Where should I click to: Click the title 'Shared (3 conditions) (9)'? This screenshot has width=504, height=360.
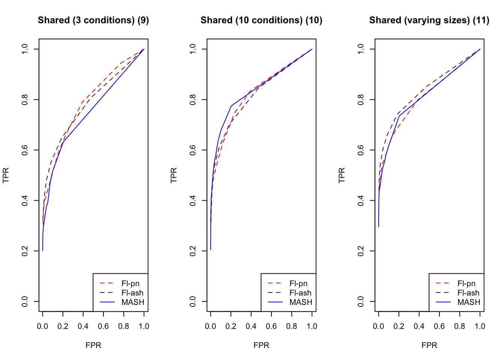(x=93, y=20)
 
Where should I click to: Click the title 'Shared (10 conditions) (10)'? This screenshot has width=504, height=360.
(x=261, y=20)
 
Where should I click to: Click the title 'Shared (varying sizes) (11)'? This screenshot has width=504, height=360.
(x=429, y=20)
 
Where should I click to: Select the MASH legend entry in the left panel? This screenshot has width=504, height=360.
(x=133, y=302)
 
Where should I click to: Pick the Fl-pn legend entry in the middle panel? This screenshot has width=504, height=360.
(x=298, y=283)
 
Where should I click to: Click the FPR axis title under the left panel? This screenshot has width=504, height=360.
(x=93, y=345)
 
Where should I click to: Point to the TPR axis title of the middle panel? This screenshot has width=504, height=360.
(x=174, y=175)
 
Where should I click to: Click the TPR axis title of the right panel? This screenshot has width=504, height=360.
(x=342, y=175)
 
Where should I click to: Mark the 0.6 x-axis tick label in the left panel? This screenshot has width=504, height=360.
(x=103, y=326)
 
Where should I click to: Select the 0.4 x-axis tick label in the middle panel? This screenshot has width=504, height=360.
(x=251, y=326)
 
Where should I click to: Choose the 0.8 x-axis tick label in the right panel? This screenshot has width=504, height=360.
(x=459, y=326)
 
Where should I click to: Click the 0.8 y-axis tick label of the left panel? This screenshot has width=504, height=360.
(x=25, y=99)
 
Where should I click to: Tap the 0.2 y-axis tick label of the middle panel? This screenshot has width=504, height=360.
(x=193, y=251)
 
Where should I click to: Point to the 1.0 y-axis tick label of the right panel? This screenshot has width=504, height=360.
(x=361, y=49)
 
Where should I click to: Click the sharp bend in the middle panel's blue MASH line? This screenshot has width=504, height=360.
(x=231, y=106)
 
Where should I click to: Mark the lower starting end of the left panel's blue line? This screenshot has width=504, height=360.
(x=43, y=250)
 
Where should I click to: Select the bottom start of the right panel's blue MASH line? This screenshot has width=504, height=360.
(x=379, y=226)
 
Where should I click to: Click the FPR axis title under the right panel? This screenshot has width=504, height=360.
(x=429, y=345)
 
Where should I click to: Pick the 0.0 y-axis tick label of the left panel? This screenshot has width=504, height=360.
(x=25, y=301)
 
